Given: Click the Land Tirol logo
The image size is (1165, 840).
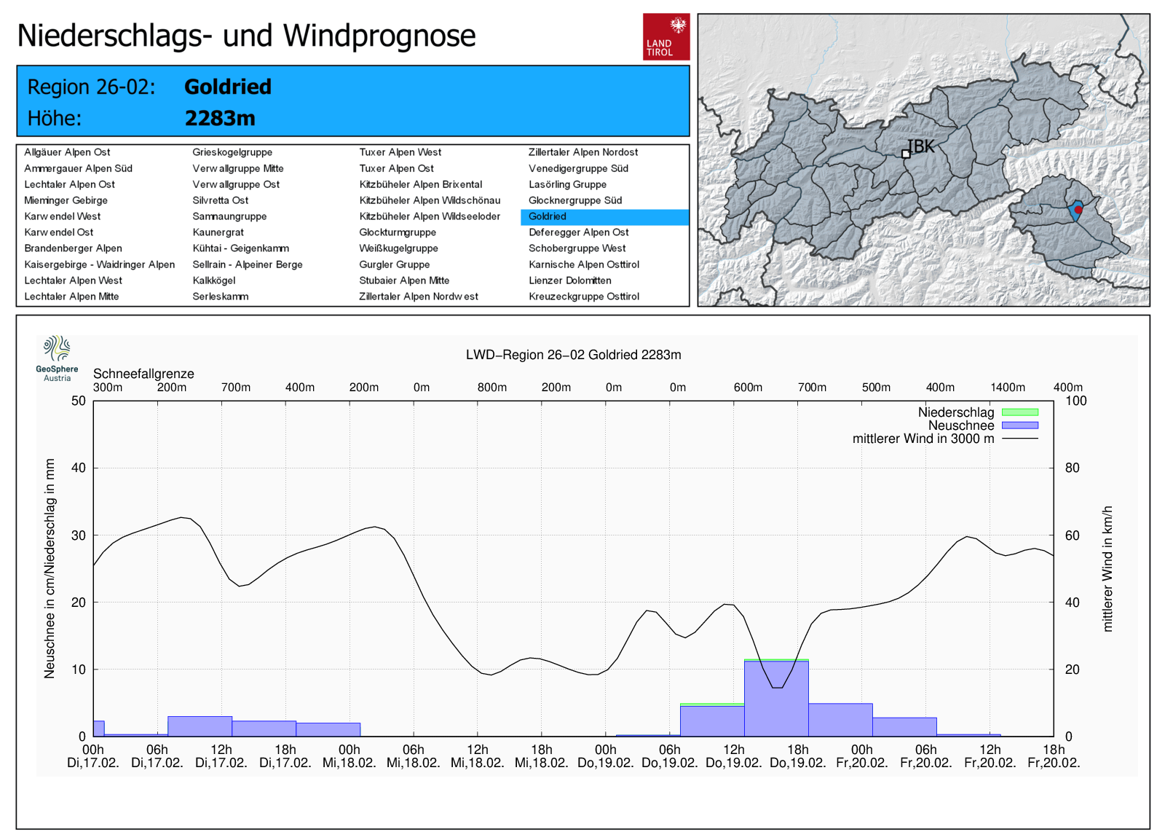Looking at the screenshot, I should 666,36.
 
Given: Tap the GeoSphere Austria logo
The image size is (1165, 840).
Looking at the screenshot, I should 57,358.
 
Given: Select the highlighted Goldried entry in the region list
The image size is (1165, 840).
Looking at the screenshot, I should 548,216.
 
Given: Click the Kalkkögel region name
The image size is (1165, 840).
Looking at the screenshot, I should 214,280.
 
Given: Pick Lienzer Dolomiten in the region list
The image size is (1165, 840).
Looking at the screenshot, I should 569,280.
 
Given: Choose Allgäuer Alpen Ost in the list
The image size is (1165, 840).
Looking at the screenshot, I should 67,152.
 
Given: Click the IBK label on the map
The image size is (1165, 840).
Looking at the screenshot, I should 922,146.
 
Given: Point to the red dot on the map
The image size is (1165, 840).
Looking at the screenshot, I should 1078,210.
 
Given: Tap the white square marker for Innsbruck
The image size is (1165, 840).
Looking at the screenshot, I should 906,154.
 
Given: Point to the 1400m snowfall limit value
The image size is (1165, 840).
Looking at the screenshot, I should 1008,388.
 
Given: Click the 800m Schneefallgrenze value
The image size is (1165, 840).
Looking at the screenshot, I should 492,388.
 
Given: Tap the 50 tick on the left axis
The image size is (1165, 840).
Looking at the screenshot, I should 79,401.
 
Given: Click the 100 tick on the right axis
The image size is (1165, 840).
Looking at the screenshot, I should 1075,401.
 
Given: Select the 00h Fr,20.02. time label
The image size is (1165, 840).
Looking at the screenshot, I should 862,756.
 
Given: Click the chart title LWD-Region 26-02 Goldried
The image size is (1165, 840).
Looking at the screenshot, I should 574,355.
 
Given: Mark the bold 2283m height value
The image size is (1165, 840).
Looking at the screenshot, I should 220,118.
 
